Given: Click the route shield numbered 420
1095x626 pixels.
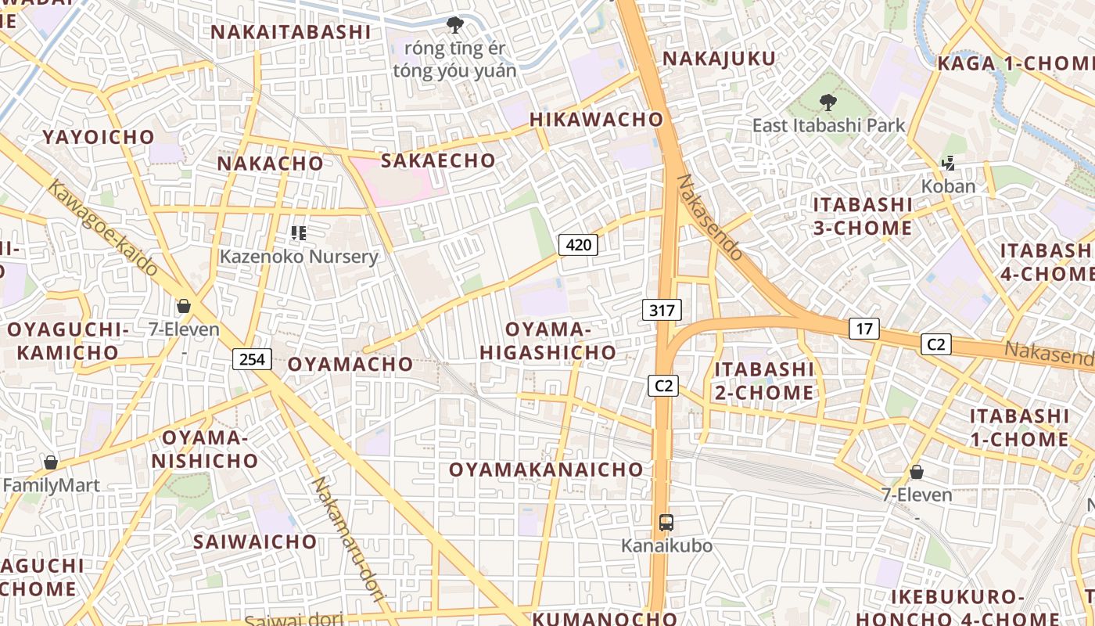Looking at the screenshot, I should (x=578, y=245).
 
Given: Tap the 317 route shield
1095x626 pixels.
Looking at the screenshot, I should (x=662, y=310).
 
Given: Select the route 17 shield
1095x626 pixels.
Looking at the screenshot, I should (x=863, y=329).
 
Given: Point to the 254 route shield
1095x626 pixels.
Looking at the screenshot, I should (x=252, y=359).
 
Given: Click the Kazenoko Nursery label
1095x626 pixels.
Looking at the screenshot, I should (x=299, y=257).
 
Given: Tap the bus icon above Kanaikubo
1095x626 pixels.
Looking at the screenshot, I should (x=666, y=523).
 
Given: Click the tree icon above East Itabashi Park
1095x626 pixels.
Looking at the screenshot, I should (x=828, y=103).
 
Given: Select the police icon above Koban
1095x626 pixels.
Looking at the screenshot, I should (x=949, y=164).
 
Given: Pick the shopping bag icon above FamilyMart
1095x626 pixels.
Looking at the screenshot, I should (x=51, y=463).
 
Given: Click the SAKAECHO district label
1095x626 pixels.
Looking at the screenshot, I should (x=438, y=161).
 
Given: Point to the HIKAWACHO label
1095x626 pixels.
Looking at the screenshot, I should (x=597, y=120).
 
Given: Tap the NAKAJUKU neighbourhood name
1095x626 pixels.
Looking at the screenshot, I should (x=720, y=59).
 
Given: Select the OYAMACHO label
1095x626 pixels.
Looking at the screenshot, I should (x=350, y=364).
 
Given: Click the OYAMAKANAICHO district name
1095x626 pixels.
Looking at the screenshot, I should (x=546, y=469).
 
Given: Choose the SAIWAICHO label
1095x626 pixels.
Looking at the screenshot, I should (x=255, y=541).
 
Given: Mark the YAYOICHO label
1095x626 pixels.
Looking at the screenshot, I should (x=99, y=137).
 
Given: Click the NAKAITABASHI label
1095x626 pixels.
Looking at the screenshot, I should (x=290, y=32).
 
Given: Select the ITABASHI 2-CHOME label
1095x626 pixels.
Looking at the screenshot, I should (x=764, y=380).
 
